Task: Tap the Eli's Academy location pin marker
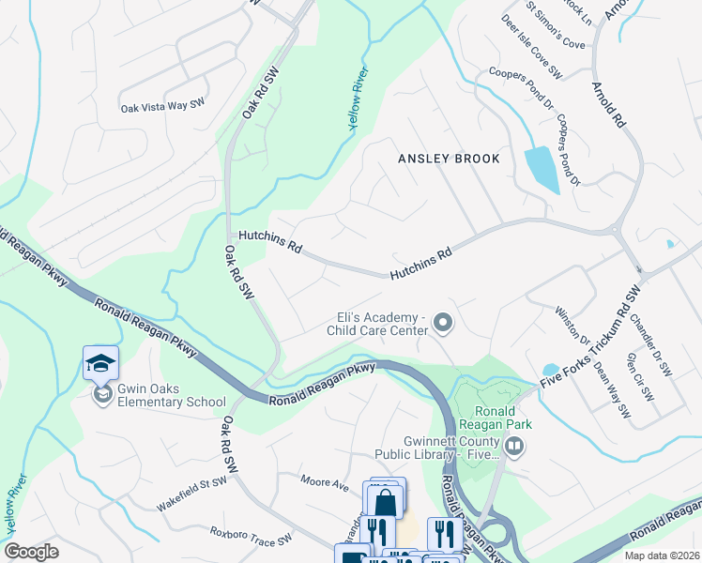pos(444,324)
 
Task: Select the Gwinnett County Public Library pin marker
pos(512,449)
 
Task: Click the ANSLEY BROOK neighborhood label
pos(449,159)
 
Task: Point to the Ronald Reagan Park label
pos(494,418)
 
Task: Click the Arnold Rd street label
pos(607,104)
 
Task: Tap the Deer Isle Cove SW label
pos(531,46)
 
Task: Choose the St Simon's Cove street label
pos(556,28)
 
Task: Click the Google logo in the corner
pos(31,552)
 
